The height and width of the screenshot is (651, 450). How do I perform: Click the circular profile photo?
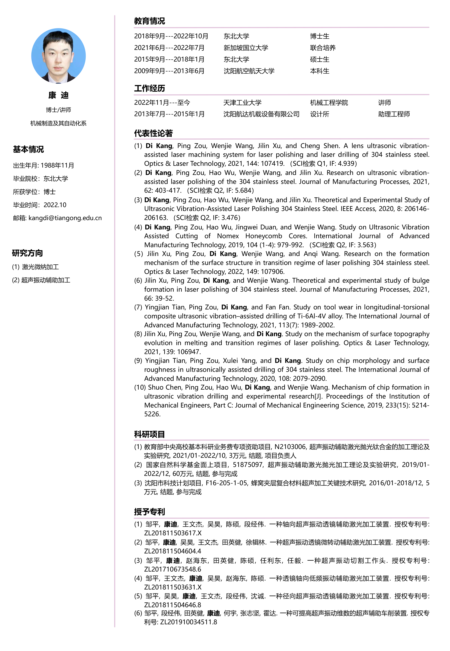tap(58, 56)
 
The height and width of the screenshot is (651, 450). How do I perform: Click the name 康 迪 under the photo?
tap(58, 95)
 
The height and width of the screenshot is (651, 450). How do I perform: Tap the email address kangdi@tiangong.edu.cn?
tap(65, 218)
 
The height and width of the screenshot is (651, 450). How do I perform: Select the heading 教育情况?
tap(149, 21)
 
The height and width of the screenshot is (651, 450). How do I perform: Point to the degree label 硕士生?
tap(320, 59)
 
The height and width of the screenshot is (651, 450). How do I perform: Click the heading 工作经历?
tap(149, 88)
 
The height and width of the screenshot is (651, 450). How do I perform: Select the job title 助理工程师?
tap(394, 114)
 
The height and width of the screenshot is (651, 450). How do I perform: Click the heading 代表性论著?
tap(153, 133)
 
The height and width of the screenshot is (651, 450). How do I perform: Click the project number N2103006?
tap(290, 447)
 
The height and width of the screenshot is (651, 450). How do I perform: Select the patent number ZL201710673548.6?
tap(173, 569)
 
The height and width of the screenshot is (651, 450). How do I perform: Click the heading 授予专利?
tap(149, 512)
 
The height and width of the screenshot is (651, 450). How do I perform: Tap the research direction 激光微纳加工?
tap(40, 267)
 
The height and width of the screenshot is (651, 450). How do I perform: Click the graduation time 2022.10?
tap(55, 205)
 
